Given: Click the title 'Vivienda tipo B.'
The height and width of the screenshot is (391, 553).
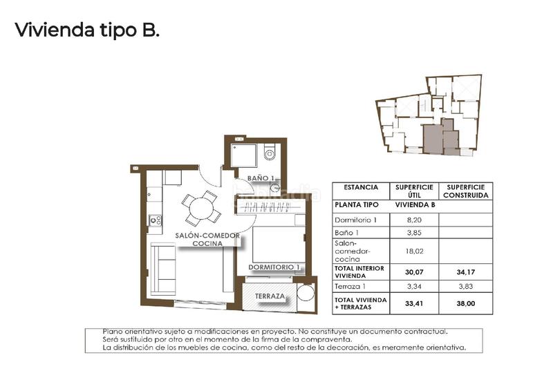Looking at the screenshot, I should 87,30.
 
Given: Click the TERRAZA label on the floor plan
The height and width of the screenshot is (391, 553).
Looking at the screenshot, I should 270,296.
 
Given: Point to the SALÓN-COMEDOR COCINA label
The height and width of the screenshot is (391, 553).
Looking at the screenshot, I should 207,240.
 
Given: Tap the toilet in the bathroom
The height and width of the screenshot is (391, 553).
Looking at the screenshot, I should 270,153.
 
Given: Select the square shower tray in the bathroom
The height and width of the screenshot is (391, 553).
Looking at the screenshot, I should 243,155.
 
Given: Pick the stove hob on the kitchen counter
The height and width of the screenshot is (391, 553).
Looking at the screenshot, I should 156,220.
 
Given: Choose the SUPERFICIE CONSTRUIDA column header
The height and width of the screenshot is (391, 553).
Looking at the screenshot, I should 466,191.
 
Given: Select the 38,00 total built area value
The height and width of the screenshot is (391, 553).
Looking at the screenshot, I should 466,302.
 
